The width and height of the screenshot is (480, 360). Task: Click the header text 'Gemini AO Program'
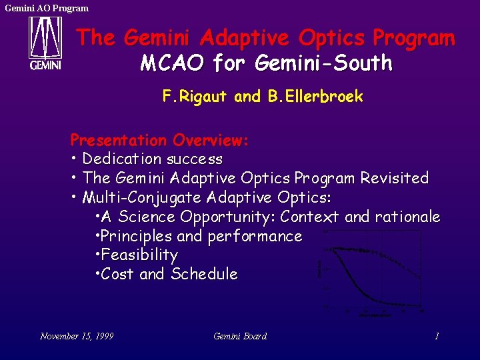47,8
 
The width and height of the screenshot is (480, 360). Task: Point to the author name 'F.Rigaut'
197,97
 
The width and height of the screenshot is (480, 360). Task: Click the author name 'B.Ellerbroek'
315,97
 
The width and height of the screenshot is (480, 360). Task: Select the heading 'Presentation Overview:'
159,141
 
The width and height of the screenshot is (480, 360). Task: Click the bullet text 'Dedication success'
153,159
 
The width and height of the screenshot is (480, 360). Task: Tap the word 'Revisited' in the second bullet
394,179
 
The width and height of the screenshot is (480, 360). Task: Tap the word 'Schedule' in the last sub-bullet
204,275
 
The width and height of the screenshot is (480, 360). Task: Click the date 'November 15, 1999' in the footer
77,336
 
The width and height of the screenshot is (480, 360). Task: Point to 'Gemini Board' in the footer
240,336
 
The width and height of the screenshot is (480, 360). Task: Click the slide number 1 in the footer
437,336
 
